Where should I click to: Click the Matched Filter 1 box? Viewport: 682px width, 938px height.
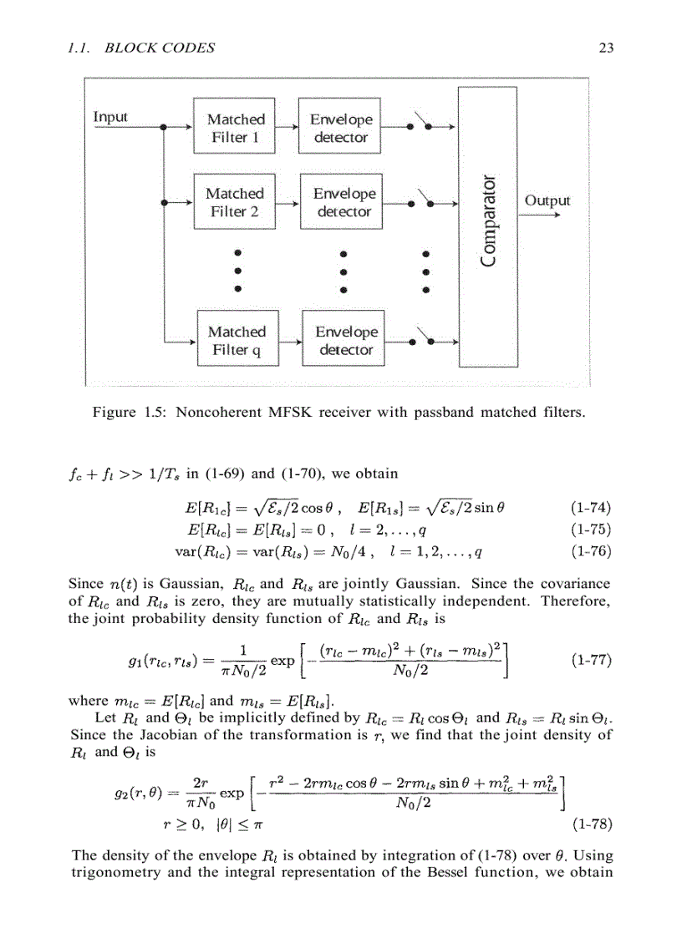(x=235, y=129)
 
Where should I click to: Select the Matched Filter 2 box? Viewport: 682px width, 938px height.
(x=234, y=202)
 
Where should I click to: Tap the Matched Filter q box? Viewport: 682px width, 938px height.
(x=237, y=341)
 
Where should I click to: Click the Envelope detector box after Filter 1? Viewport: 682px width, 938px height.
(x=341, y=129)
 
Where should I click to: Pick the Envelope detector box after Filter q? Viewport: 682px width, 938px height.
(x=345, y=341)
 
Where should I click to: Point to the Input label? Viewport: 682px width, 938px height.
(x=110, y=116)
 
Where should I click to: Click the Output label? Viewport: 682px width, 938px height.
(x=547, y=200)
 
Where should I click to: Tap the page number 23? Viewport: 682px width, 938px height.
(x=607, y=48)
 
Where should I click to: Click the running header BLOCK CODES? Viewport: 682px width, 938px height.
(x=160, y=48)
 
